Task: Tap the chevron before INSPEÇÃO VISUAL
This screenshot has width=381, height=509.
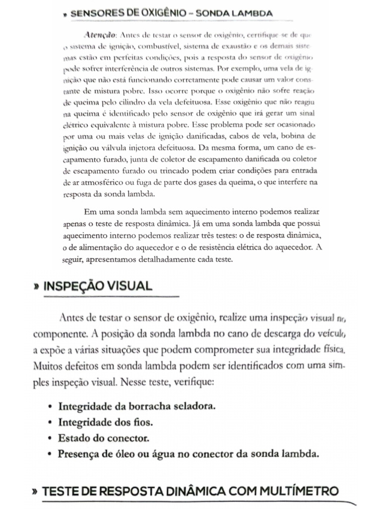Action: [36, 287]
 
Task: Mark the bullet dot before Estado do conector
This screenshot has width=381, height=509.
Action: [51, 439]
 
